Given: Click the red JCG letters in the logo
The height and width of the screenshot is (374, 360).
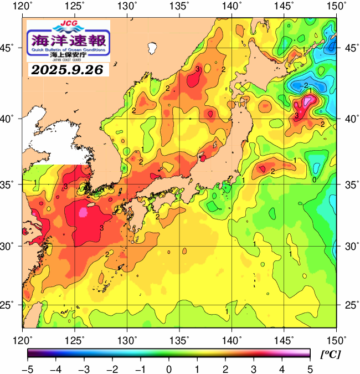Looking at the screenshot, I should coord(68,24).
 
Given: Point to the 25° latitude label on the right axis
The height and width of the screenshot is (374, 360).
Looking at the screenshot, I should coord(349,305).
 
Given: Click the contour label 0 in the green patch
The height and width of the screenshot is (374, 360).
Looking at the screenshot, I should coord(314,180).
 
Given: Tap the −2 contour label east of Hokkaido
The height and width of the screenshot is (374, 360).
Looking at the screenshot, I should coord(305,85).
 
